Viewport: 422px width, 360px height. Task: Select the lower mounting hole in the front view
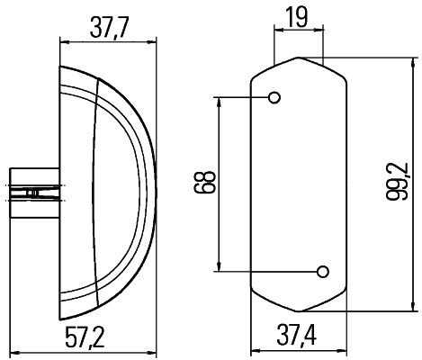pos(322,270)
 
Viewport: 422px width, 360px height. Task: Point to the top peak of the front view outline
pos(297,58)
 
